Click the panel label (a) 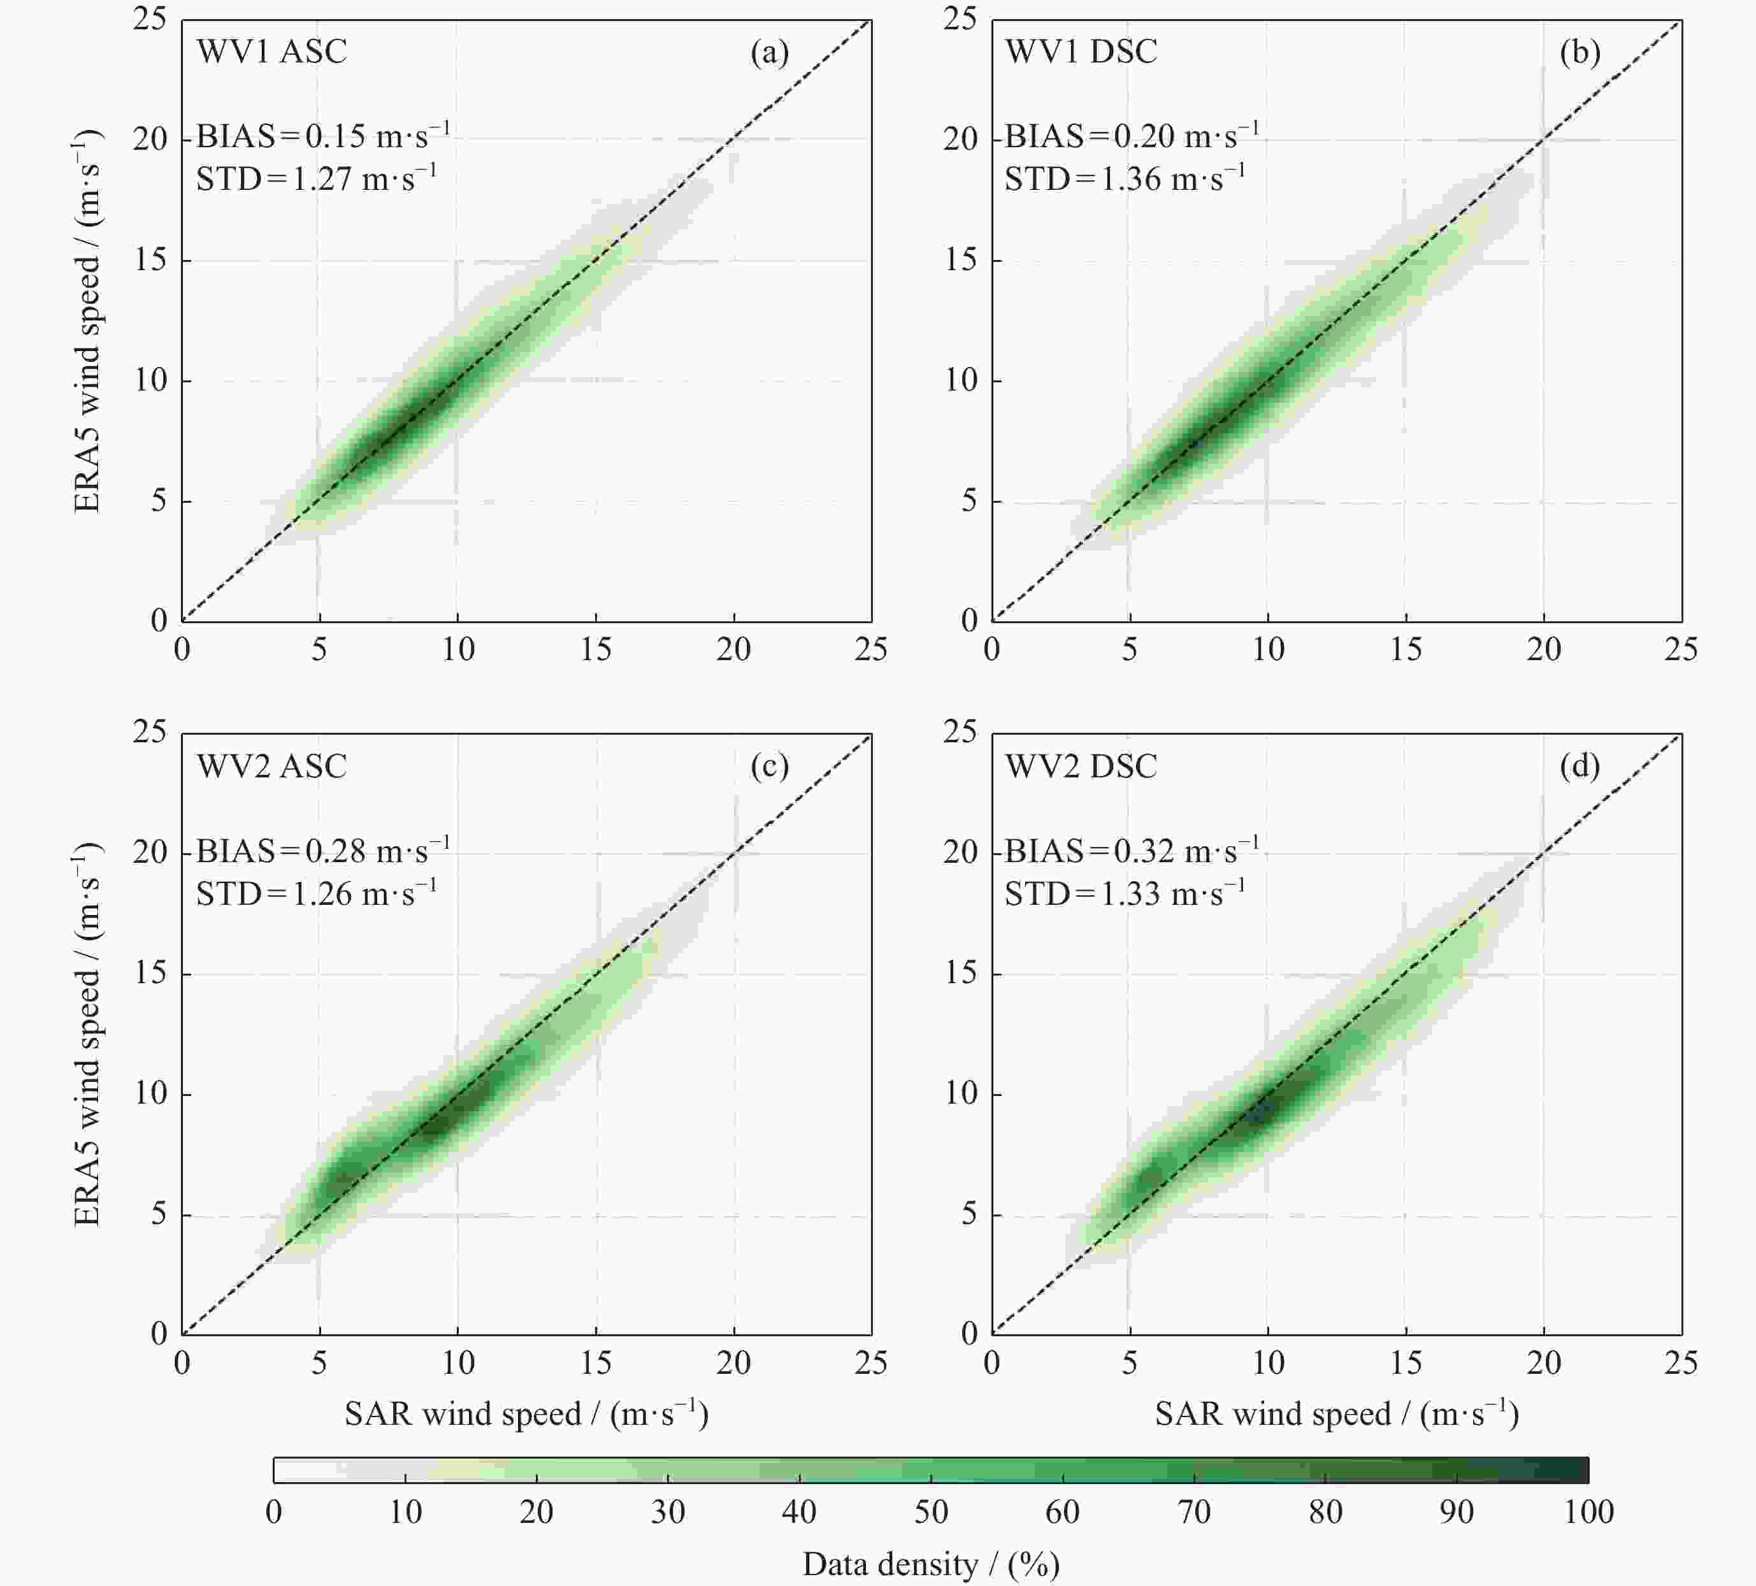tap(769, 53)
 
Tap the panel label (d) tap(1579, 767)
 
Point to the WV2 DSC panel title tap(1081, 767)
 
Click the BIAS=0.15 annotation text tap(322, 136)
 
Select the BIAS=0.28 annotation tap(322, 850)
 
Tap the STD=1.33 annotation tap(1125, 893)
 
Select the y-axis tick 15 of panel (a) tap(151, 259)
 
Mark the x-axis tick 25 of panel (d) tap(1681, 1362)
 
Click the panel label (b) tap(1579, 53)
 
